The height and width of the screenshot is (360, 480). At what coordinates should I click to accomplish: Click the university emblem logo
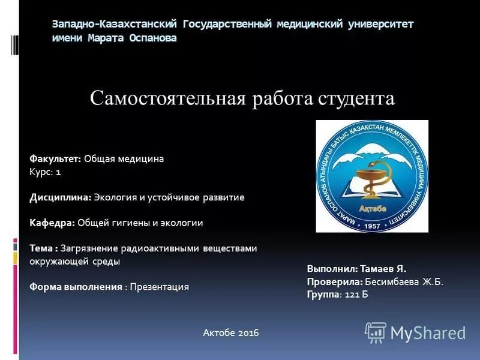372,176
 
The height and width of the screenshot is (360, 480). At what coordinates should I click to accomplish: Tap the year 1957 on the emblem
372,226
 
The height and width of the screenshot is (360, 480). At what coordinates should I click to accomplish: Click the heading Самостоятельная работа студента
242,98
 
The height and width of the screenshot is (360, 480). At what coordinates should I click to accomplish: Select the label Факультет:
55,159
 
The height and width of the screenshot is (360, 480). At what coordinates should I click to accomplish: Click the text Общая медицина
124,159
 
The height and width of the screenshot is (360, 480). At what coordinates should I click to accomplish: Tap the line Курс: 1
46,172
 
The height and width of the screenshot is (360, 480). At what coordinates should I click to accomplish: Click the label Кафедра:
52,223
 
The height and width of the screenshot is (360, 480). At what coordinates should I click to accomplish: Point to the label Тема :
44,248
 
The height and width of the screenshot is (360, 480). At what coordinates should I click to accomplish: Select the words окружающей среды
75,261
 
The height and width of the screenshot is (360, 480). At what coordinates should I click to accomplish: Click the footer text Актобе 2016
231,332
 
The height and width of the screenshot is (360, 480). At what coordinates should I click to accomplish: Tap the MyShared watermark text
428,333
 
